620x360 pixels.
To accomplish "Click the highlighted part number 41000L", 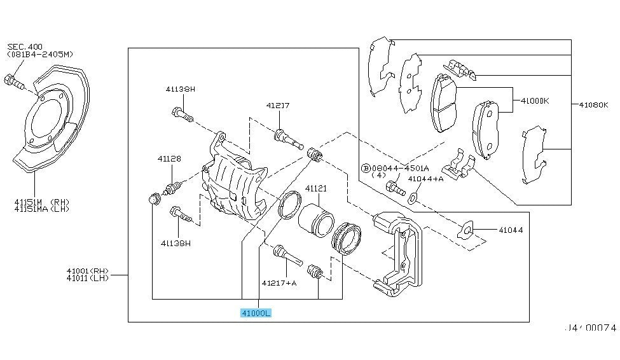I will point(256,313).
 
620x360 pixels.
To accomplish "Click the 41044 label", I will point(511,230).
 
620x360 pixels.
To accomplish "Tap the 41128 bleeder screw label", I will point(169,158).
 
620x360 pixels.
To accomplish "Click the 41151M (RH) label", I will point(41,202).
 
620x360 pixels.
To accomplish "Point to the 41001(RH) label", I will point(87,271).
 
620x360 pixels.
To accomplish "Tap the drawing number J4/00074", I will point(591,328).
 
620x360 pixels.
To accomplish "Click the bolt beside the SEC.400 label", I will point(13,81).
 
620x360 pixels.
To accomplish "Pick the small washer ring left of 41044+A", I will point(412,196).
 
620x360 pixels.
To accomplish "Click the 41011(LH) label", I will point(87,278).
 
